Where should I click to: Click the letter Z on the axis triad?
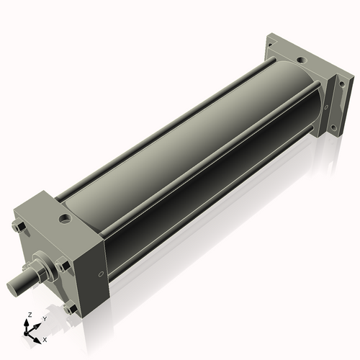(x=30, y=315)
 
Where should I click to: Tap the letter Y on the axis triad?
(x=45, y=319)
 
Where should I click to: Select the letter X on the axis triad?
(x=45, y=340)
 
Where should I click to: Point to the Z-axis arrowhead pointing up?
(x=27, y=323)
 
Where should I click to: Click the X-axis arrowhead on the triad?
(x=37, y=341)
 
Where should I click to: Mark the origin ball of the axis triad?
(x=26, y=333)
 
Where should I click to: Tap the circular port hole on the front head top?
(x=65, y=219)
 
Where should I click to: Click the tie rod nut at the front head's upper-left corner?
(x=19, y=226)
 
